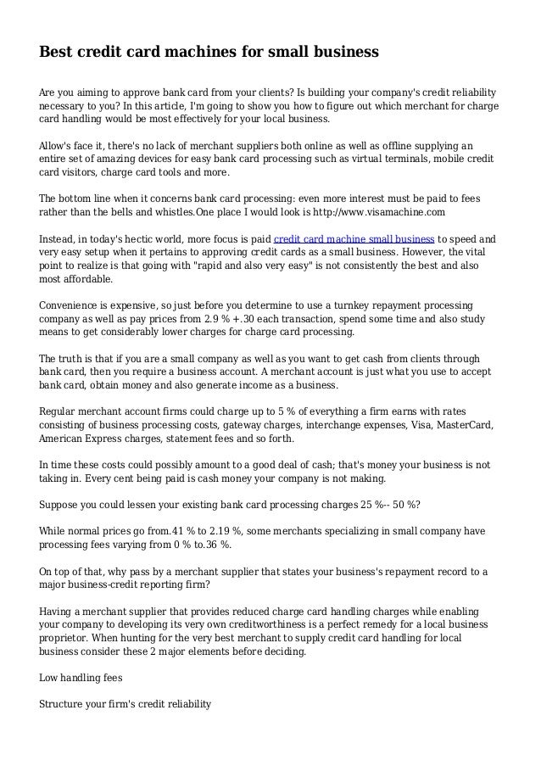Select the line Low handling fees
pos(83,679)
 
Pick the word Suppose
pos(61,504)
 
